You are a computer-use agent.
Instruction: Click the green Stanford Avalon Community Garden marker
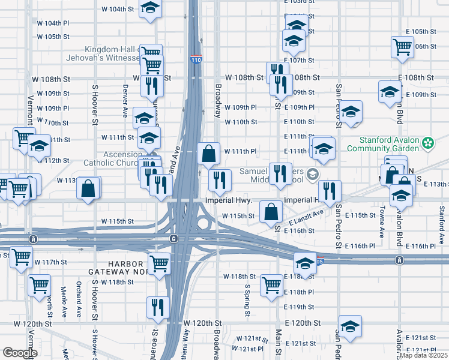click(427, 143)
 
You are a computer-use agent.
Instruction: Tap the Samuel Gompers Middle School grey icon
click(312, 175)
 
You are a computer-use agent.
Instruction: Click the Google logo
click(19, 353)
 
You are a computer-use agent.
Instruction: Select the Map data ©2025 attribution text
click(423, 355)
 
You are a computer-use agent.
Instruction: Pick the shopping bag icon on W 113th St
click(88, 188)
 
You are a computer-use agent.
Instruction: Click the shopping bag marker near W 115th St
click(271, 211)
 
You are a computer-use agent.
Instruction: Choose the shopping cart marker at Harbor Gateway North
click(159, 263)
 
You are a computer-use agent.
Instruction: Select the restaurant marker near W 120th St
click(158, 307)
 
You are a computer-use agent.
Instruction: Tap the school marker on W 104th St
click(150, 8)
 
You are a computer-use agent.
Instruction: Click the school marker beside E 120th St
click(350, 326)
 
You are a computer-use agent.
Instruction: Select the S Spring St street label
click(247, 299)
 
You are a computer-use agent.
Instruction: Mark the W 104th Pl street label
click(53, 23)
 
